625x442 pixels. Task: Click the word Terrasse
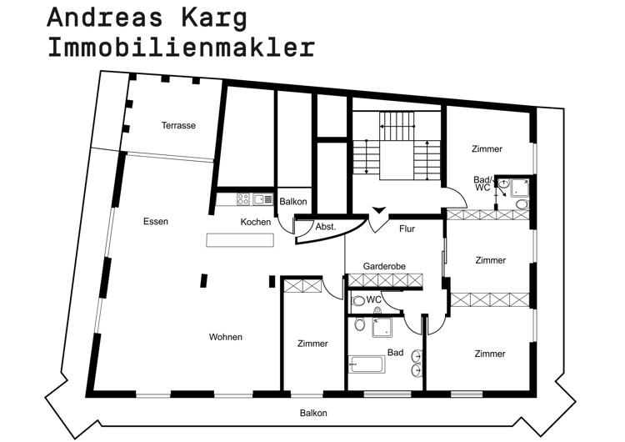(x=178, y=126)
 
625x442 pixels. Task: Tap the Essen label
(x=155, y=222)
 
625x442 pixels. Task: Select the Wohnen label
(x=226, y=337)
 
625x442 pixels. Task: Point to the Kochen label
(x=255, y=222)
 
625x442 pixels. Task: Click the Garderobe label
(x=384, y=266)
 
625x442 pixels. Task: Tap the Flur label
(x=407, y=229)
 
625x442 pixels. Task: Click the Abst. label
(x=326, y=227)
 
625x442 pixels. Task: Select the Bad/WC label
(x=482, y=183)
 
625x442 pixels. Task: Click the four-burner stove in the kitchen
(x=243, y=199)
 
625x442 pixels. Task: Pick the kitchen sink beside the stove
(x=262, y=199)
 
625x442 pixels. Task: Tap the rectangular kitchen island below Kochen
(x=241, y=240)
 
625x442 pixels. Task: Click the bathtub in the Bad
(x=367, y=364)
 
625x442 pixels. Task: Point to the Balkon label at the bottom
(x=313, y=413)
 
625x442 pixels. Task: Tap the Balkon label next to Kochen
(x=293, y=202)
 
